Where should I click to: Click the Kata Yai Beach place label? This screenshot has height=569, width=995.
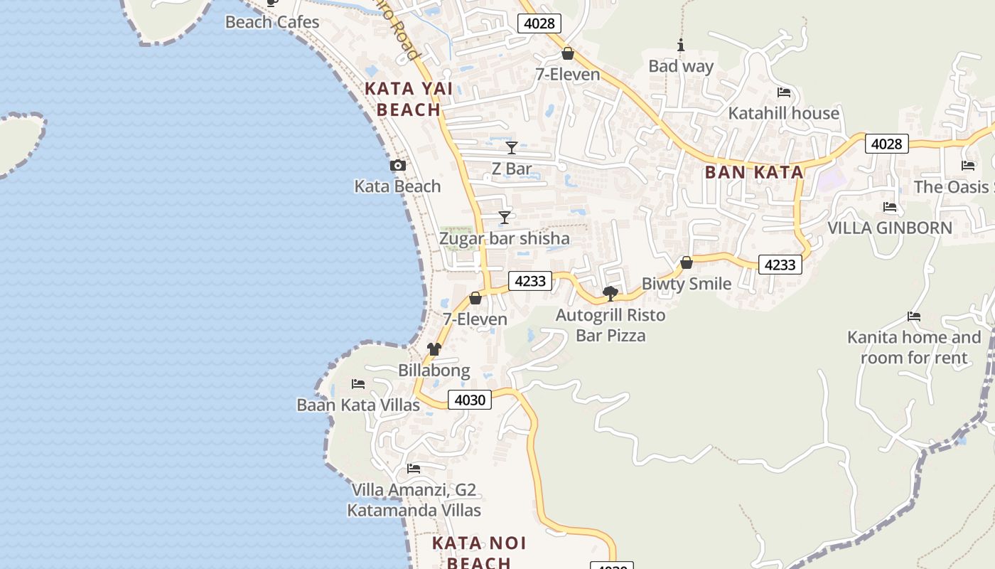click(408, 100)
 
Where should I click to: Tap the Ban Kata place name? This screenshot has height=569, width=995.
click(753, 172)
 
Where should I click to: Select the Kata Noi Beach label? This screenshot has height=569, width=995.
click(479, 553)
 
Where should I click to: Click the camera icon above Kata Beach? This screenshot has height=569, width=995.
click(398, 166)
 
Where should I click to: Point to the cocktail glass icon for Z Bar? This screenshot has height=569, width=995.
click(512, 148)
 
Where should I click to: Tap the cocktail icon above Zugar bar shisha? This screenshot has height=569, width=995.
click(505, 218)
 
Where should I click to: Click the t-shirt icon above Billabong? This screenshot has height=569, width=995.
click(434, 349)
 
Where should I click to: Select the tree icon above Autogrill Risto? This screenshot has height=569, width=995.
click(610, 293)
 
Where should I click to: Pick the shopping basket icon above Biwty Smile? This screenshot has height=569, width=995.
click(687, 263)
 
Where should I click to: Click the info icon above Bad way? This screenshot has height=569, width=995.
click(681, 46)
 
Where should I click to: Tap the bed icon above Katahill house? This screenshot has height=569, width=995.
click(784, 92)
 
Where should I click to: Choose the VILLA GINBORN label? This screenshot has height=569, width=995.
click(890, 228)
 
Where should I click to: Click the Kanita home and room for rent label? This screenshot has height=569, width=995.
click(914, 347)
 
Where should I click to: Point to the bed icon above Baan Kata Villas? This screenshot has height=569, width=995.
click(358, 384)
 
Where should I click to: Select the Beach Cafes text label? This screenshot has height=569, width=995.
click(272, 22)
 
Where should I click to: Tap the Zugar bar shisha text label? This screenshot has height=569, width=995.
click(505, 238)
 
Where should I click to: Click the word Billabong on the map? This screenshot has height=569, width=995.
click(434, 371)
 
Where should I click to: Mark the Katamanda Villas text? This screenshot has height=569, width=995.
click(414, 511)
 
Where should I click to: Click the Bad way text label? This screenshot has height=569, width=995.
click(681, 66)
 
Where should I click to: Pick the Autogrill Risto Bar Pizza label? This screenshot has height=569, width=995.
click(611, 325)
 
